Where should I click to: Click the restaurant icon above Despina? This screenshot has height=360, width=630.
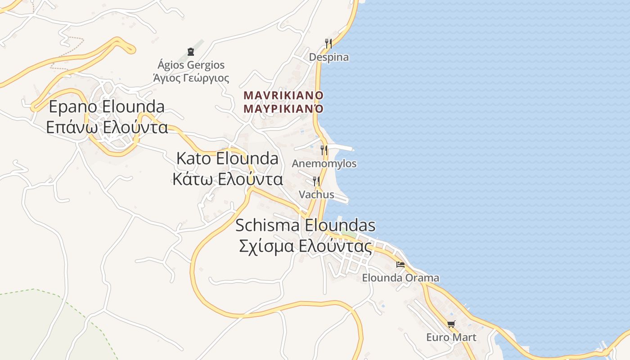tap(328, 44)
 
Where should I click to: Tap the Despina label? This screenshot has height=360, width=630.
tap(328, 57)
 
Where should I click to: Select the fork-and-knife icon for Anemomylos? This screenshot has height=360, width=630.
tap(324, 150)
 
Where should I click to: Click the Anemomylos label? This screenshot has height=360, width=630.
tap(324, 163)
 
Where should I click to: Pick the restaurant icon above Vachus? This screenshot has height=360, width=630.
tap(316, 181)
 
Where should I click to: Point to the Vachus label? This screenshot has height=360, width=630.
tap(316, 194)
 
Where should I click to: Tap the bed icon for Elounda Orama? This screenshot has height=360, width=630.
tap(400, 265)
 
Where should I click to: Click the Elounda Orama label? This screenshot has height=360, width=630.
tap(400, 278)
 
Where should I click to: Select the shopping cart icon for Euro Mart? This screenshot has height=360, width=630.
tap(451, 324)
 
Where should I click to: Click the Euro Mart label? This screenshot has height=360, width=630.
tap(451, 337)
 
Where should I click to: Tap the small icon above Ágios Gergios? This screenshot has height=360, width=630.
tap(190, 52)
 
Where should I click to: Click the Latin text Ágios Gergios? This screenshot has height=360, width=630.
tap(191, 65)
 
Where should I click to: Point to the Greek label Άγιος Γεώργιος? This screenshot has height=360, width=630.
tap(191, 78)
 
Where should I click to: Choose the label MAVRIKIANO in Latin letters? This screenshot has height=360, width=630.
tap(283, 95)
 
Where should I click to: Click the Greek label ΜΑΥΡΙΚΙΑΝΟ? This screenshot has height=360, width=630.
tap(283, 108)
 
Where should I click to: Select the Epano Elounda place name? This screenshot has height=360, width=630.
tap(107, 107)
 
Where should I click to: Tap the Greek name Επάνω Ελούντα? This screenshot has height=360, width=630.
tap(107, 127)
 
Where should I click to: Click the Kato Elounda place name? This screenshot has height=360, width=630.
tap(227, 158)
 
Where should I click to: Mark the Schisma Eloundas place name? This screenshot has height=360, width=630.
tap(305, 225)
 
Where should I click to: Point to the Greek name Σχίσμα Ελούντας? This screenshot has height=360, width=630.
tap(305, 246)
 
